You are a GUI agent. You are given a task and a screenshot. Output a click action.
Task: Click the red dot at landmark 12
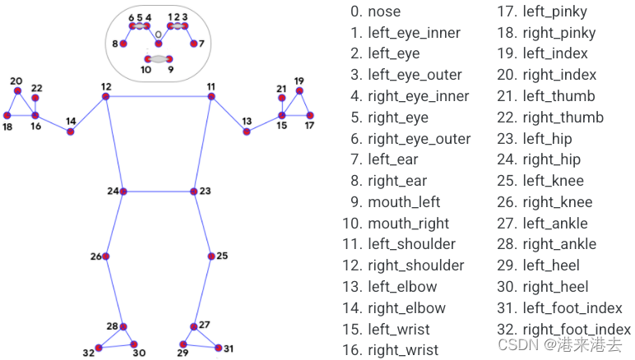(x=106, y=96)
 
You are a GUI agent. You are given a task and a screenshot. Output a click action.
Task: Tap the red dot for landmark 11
(x=211, y=96)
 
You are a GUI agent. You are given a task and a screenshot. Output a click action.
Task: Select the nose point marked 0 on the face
(x=159, y=44)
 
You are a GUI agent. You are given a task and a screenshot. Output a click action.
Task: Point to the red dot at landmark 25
(x=211, y=256)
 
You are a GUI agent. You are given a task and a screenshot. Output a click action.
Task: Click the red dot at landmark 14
(x=71, y=132)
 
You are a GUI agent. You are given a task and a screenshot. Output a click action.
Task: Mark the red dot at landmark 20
(x=17, y=90)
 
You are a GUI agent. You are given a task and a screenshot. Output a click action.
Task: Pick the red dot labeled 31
(x=218, y=348)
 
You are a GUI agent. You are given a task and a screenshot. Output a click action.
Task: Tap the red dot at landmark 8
(x=123, y=44)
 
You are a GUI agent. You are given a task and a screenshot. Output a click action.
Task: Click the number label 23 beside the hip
(x=206, y=191)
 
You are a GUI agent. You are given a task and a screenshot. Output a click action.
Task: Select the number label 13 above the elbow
(x=247, y=122)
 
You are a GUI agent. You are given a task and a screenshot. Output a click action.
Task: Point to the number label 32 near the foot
(x=89, y=353)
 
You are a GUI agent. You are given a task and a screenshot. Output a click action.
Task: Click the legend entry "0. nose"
(x=375, y=12)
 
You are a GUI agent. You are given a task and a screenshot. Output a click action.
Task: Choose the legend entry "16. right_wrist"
(x=391, y=350)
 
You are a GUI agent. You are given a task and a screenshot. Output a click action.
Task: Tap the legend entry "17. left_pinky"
(x=542, y=12)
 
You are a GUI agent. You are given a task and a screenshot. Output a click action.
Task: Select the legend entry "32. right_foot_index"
(x=563, y=330)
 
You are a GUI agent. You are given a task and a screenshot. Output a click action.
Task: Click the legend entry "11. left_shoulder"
(x=399, y=244)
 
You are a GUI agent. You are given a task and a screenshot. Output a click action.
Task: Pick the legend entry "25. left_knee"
(x=540, y=180)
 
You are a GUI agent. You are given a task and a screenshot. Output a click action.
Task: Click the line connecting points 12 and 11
(x=159, y=96)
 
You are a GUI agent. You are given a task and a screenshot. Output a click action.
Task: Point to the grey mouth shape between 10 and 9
(x=159, y=59)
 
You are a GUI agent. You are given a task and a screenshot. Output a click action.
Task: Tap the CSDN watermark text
(x=559, y=344)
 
